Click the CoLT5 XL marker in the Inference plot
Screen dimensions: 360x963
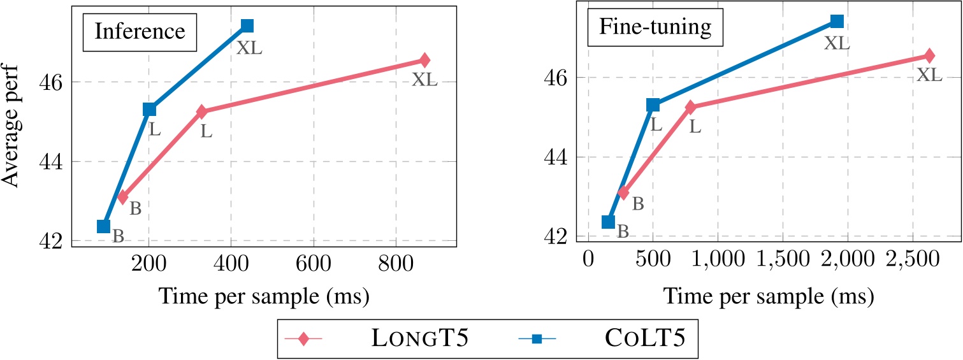tap(247, 25)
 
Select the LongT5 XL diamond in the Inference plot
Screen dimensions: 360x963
tap(425, 60)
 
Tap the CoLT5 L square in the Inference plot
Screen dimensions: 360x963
tap(149, 110)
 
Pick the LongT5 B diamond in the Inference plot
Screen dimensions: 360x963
tap(123, 197)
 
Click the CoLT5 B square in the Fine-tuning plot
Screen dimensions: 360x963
tap(608, 222)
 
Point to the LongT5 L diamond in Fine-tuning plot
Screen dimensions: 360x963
tap(690, 107)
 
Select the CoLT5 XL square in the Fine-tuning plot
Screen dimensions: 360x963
tap(837, 22)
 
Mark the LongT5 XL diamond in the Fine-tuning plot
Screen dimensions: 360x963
tap(929, 55)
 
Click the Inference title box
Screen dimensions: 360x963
tap(140, 32)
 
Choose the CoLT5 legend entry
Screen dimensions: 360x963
tap(612, 338)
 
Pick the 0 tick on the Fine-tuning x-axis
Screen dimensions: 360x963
tap(588, 261)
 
